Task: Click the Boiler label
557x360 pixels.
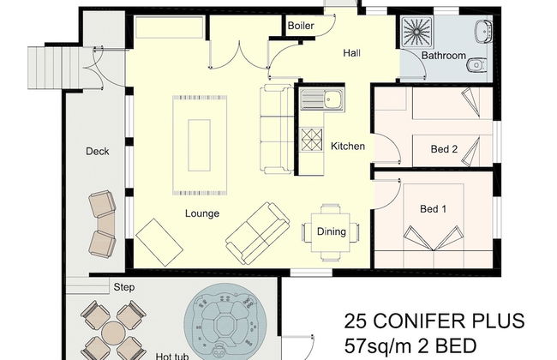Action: (x=301, y=27)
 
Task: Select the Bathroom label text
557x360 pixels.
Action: (x=442, y=57)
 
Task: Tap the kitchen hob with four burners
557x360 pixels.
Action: (x=310, y=137)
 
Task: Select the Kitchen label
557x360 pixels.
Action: (x=348, y=147)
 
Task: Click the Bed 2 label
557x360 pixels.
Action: (x=443, y=149)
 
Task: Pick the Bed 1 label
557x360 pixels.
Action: (x=433, y=209)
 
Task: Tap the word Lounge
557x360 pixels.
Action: (x=201, y=213)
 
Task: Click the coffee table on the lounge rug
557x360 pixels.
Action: (x=201, y=143)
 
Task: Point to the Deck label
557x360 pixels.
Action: (x=97, y=152)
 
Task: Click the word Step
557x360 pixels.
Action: (x=123, y=287)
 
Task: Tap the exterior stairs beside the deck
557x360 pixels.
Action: (x=46, y=63)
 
